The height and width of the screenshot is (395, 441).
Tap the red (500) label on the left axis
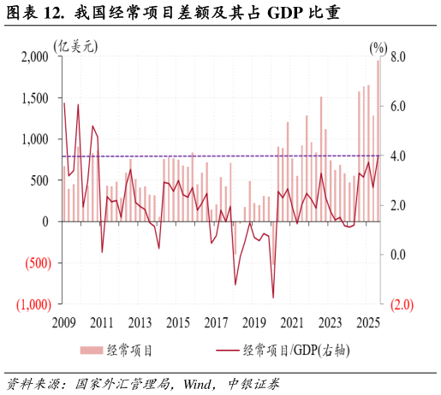(x=33, y=262)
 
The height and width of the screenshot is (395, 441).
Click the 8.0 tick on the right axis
(x=402, y=57)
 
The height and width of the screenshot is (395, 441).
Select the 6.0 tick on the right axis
(x=402, y=107)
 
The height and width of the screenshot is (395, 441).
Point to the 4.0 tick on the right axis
(x=402, y=156)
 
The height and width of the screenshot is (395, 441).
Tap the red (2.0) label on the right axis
(x=402, y=304)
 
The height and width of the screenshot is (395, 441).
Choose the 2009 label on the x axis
(x=64, y=323)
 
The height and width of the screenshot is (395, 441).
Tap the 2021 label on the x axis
(x=292, y=323)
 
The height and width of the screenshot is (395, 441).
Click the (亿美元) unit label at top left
(x=75, y=46)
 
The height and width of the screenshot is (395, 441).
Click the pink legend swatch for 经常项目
(x=92, y=350)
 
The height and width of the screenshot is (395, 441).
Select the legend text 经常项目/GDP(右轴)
(x=296, y=350)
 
